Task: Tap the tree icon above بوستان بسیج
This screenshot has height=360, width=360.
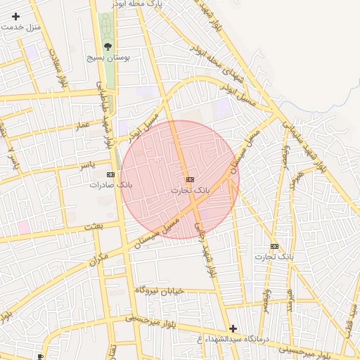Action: point(108,46)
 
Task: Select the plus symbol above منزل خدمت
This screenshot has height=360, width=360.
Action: point(16,16)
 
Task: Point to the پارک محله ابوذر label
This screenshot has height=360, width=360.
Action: point(139,4)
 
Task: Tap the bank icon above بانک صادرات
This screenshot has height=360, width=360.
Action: point(110,174)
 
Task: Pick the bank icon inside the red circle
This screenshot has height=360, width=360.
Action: point(190,180)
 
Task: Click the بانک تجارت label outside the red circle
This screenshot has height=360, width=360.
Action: point(275,257)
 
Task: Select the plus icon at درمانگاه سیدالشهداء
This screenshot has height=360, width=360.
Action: point(233,328)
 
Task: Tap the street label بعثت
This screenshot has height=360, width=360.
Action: point(94,226)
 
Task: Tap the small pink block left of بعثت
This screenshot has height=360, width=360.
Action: point(24,227)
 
